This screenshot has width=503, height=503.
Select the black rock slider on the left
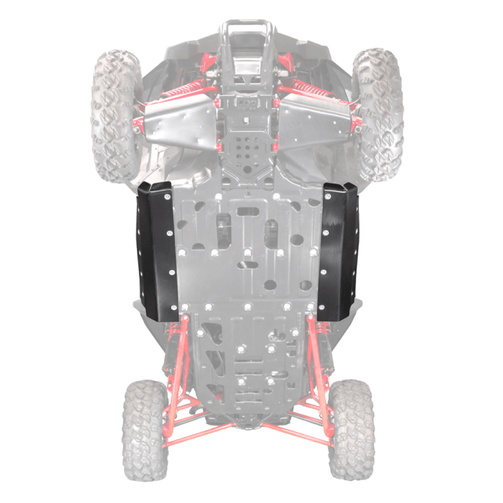[x=156, y=251]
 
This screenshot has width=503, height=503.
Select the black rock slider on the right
[x=338, y=251]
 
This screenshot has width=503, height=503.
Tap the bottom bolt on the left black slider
[x=173, y=308]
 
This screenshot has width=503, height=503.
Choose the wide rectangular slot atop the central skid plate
[x=248, y=211]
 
